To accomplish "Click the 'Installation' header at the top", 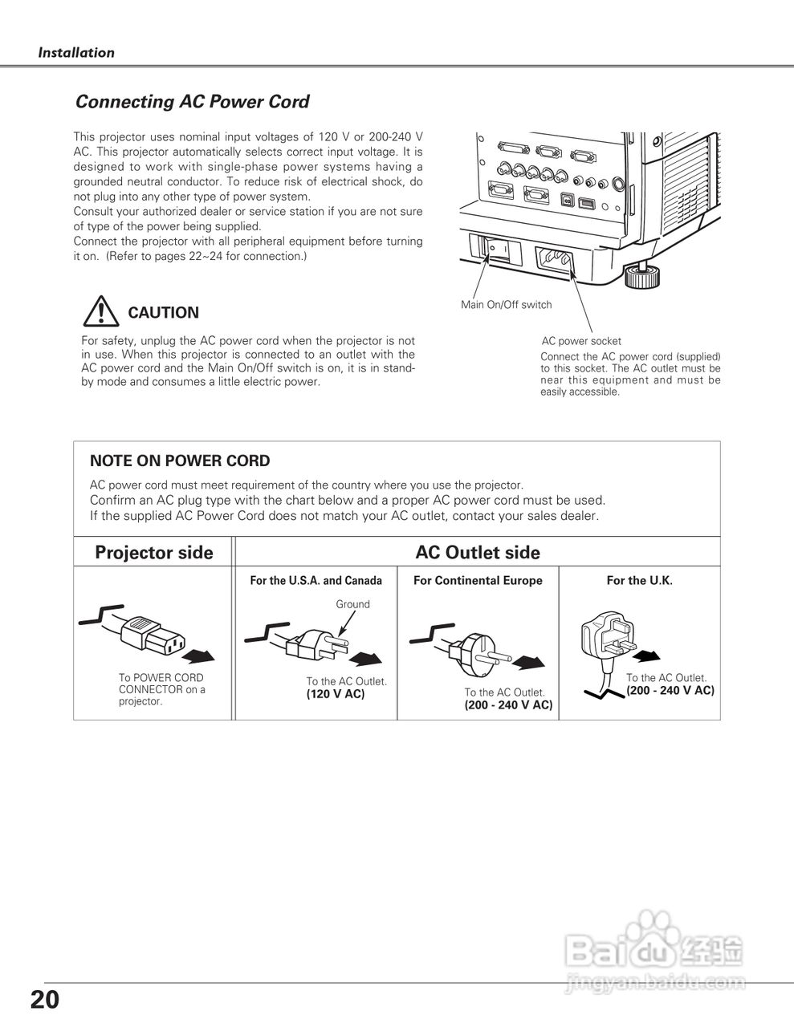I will (76, 53).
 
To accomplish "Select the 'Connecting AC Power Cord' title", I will (192, 102).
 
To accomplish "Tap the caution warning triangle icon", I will (100, 310).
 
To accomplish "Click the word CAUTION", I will (163, 313).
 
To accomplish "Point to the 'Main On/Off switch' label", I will (506, 305).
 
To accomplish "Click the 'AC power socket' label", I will (581, 341).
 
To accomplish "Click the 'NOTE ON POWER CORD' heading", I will (180, 461).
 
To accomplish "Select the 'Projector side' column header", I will (154, 552).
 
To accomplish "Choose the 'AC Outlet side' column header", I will (478, 552).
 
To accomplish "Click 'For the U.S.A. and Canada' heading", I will (316, 580).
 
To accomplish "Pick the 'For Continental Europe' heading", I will (478, 580).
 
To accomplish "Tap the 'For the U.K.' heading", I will (639, 580).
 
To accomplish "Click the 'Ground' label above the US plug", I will (352, 604).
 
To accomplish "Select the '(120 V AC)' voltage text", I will (335, 694).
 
